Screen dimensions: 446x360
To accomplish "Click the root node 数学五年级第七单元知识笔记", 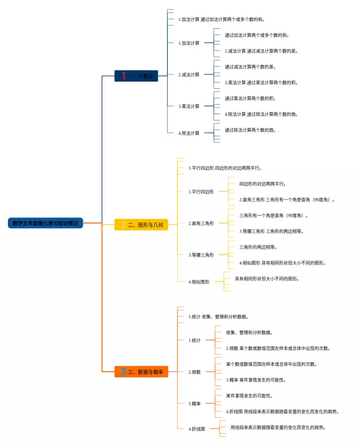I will [46, 223].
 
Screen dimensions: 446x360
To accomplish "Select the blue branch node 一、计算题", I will [136, 76].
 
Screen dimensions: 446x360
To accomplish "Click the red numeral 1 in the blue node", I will [123, 75].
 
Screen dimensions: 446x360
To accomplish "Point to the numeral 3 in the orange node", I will [123, 372].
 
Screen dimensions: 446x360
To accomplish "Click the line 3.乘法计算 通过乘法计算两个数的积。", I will [261, 82].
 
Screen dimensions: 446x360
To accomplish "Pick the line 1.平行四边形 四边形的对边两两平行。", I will [225, 168].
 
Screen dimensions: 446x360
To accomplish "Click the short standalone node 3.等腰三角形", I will [201, 255].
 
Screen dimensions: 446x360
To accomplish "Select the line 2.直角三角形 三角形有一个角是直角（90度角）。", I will [287, 199].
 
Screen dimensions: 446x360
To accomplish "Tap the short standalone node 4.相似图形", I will [199, 282].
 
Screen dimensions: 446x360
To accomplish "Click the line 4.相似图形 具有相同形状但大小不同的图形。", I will [282, 262].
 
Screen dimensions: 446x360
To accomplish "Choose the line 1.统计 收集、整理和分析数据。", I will [218, 316].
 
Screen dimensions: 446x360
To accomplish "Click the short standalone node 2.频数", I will [194, 372].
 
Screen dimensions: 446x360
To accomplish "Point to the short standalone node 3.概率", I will [194, 403].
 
